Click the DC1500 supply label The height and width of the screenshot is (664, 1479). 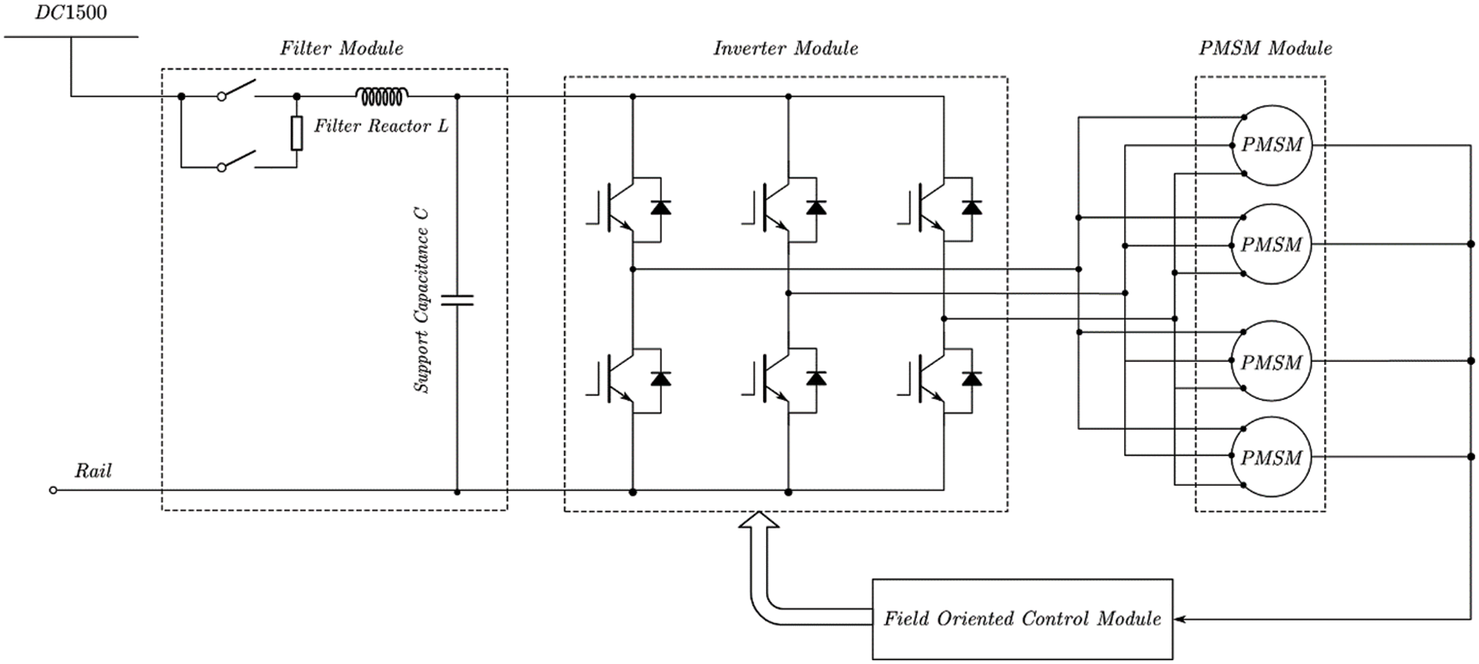coord(71,13)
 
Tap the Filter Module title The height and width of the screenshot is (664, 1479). coord(342,48)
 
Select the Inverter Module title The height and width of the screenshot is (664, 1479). coord(785,48)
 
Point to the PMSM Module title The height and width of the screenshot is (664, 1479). coord(1265,48)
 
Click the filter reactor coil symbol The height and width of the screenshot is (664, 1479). coord(381,96)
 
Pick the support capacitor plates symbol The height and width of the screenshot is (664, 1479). coord(457,300)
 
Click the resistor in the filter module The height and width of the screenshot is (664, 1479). coord(297,133)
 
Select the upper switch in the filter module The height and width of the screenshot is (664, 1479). coord(237,90)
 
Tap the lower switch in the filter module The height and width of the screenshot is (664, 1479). coord(237,160)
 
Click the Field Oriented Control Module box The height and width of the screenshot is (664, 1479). coord(1022,619)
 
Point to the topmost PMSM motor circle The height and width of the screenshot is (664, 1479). coord(1271,146)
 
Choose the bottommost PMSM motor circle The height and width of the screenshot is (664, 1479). coord(1271,457)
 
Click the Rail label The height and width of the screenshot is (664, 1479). coord(93,471)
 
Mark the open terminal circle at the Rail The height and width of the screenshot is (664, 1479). coord(53,490)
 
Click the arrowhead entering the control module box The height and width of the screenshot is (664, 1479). coord(1179,620)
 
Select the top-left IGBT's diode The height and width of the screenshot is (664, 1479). coord(661,208)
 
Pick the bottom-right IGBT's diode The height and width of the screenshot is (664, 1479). coord(971,378)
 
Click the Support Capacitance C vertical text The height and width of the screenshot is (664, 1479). coord(421,300)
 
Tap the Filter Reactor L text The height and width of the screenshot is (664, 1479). coord(381,126)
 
